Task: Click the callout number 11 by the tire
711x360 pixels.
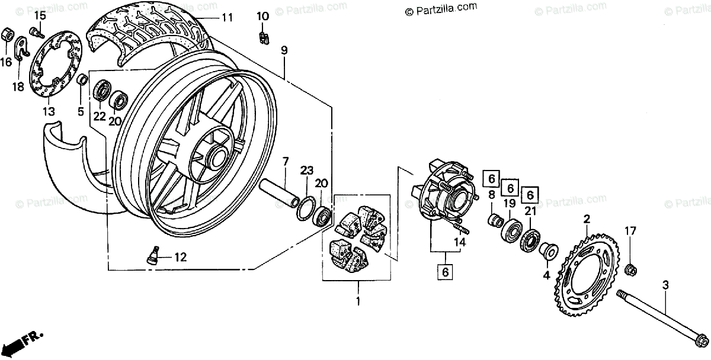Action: pos(228,18)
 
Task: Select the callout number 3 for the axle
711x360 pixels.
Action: pos(665,285)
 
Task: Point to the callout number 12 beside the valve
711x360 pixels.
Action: pos(180,257)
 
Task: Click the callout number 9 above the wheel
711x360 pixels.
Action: pos(284,51)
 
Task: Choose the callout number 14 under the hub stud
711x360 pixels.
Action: pos(460,242)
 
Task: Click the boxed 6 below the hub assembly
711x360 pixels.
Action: pos(445,272)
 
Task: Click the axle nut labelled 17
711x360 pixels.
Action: pos(631,269)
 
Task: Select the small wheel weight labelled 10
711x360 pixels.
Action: pos(263,38)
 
